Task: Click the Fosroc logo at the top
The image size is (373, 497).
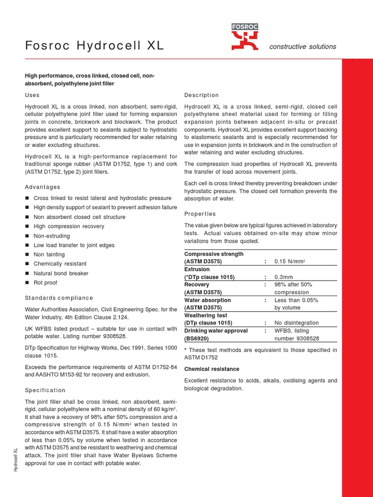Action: pos(245,37)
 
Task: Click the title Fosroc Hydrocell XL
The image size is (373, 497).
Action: pos(95,46)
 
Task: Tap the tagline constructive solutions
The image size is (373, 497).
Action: pos(303,47)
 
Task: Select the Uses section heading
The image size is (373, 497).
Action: pos(32,95)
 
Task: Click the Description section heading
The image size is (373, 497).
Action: pos(202,95)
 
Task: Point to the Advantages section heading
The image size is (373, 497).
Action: pos(43,187)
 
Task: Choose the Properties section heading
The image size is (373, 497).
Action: pos(200,214)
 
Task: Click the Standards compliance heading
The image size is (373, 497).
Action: pos(59,298)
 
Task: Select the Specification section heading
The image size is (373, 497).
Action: pos(45,390)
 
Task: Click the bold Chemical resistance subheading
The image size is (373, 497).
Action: pos(210,369)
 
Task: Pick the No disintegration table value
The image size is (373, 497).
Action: pos(296,323)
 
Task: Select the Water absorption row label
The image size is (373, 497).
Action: pos(207,300)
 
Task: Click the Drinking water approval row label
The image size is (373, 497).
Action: pos(216,331)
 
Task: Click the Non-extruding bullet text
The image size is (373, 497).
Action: pos(52,236)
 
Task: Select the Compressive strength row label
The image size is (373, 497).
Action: pos(214,254)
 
